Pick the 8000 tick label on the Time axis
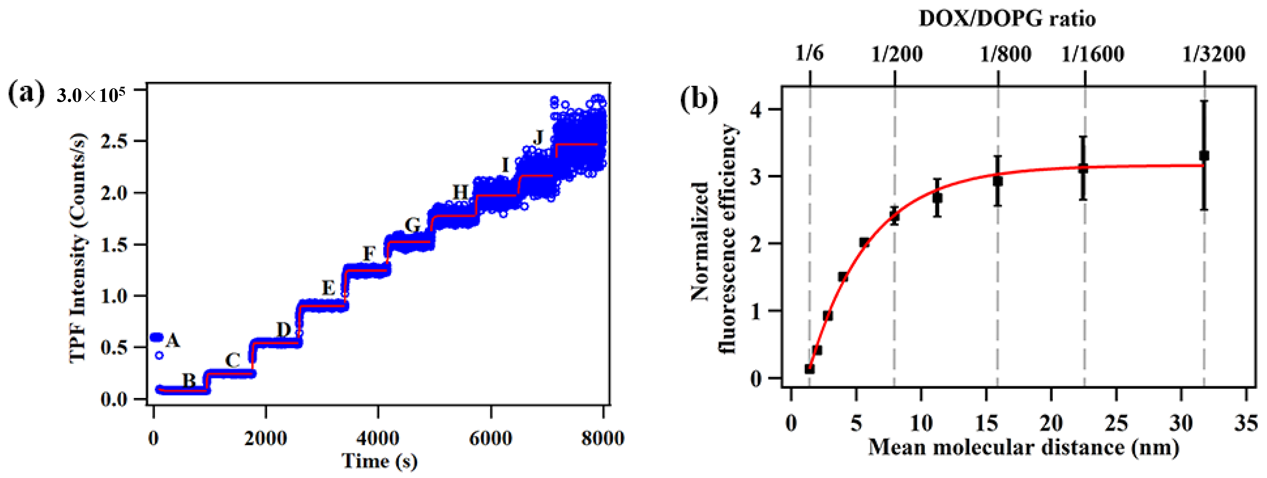[x=602, y=438]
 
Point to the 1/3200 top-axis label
[x=1213, y=54]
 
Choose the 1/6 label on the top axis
[x=809, y=53]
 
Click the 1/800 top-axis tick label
[x=1005, y=54]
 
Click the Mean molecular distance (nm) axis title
[x=1023, y=448]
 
